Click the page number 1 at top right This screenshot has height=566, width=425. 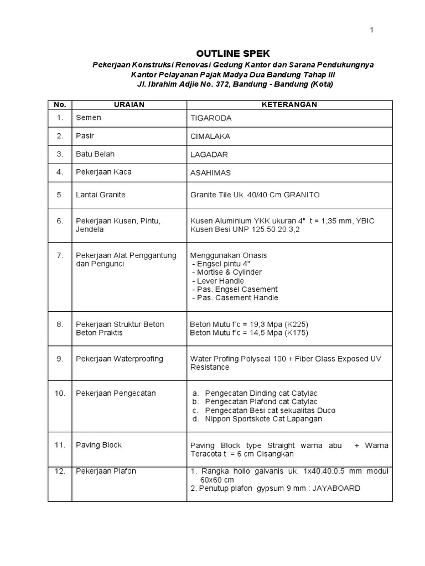(x=372, y=30)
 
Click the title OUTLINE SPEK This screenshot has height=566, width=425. (x=233, y=54)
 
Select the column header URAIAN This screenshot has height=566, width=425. (x=129, y=104)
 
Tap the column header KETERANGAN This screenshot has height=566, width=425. (x=289, y=104)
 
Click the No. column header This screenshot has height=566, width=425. (x=60, y=104)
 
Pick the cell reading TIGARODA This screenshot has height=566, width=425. (x=211, y=119)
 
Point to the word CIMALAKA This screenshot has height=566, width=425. (x=211, y=137)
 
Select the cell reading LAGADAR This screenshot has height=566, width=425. (x=209, y=155)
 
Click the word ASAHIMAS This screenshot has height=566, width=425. (x=211, y=173)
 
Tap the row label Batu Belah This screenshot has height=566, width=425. (x=95, y=154)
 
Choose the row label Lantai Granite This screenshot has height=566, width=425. (x=101, y=195)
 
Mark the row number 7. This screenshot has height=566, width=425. (x=60, y=255)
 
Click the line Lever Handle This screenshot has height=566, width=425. (x=218, y=281)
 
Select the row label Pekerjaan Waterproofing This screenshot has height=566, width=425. (x=120, y=359)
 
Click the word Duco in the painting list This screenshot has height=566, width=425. (x=325, y=410)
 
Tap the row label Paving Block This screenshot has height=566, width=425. (x=99, y=445)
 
